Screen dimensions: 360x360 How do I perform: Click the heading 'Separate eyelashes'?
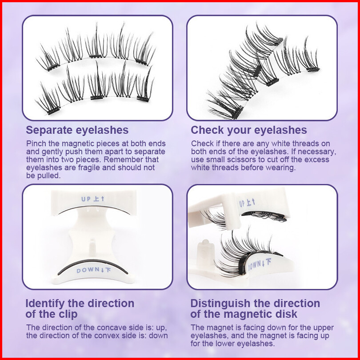(77, 130)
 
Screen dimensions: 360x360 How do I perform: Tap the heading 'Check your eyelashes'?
(249, 130)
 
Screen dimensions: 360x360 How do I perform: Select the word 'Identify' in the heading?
(45, 304)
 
